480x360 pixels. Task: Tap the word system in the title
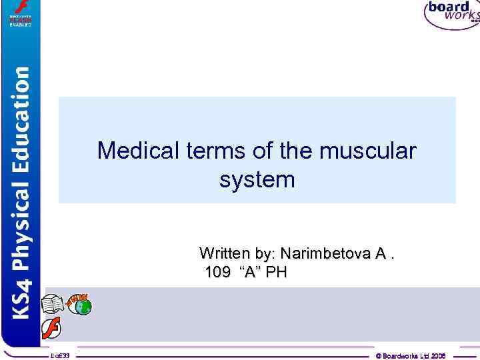tap(257, 179)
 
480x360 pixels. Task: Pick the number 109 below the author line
tap(218, 271)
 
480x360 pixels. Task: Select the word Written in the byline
tap(224, 253)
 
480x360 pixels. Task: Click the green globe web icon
tap(81, 307)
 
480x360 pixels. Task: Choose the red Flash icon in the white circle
tap(51, 329)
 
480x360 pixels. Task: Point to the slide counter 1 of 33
tap(64, 356)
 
